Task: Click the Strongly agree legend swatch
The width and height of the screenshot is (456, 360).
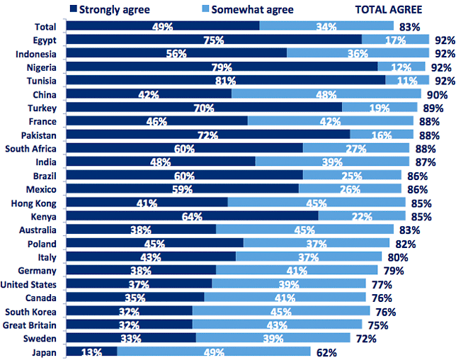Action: pos(74,9)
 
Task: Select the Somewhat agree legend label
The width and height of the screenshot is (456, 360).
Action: pos(252,10)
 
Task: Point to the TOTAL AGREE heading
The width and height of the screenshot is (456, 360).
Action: pos(389,10)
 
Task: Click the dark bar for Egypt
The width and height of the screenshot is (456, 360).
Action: pos(214,39)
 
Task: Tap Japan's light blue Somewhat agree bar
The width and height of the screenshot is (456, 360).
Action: pos(214,351)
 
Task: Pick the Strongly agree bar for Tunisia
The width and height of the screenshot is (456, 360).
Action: pos(226,80)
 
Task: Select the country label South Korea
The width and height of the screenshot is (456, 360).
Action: pos(30,312)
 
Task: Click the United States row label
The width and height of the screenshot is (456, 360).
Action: pos(28,284)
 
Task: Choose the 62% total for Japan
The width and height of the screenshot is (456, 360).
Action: pos(326,353)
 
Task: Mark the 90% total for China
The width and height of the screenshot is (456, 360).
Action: pos(437,95)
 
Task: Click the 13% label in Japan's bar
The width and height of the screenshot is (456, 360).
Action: pos(91,352)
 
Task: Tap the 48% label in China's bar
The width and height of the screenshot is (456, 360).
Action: pos(326,94)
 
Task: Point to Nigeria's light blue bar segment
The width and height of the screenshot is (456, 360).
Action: pos(401,67)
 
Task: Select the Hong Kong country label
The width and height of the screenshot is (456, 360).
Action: pos(33,203)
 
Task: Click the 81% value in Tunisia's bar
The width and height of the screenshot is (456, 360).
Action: pos(225,81)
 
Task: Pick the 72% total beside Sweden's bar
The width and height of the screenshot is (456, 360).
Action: pos(366,339)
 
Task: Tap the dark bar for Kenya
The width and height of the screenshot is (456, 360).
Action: pos(192,215)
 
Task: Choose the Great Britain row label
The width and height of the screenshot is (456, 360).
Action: pos(29,325)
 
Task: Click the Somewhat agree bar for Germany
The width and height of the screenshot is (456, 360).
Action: pos(297,270)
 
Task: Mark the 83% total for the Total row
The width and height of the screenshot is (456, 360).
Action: pos(409,27)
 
